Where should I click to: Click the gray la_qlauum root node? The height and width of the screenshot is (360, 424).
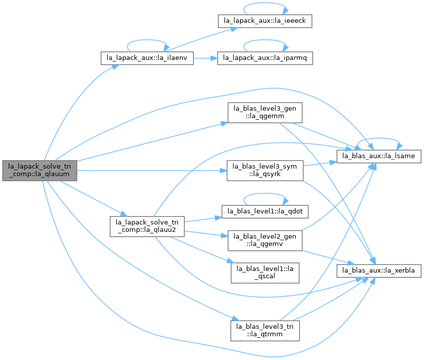coord(40,171)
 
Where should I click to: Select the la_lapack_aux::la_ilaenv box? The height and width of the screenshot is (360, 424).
coord(147,58)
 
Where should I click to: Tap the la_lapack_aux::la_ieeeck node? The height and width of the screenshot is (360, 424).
coord(265,21)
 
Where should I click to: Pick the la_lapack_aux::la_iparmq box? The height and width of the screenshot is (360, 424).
coord(265,58)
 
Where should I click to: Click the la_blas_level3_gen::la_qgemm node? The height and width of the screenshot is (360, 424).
coord(265,113)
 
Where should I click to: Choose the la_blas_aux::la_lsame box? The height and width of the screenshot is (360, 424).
coord(379,157)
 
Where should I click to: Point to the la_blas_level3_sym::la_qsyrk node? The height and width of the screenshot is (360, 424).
coord(265,171)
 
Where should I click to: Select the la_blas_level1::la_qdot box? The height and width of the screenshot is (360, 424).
coord(265,212)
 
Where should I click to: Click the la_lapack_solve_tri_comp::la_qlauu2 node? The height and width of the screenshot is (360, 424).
coord(147,226)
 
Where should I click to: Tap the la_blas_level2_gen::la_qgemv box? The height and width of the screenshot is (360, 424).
coord(265,240)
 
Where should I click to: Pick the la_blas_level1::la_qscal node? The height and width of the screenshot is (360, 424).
coord(265,273)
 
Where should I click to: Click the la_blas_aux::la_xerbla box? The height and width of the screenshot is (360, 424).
coord(379,271)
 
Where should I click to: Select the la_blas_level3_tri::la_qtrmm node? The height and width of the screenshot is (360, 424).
coord(265,331)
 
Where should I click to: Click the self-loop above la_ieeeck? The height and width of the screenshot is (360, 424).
coord(265,3)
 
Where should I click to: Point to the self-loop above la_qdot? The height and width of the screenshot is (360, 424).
coord(265,194)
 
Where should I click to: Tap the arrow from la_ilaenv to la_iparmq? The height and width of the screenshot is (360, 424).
coord(206,58)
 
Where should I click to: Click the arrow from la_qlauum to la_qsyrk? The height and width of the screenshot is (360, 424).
coord(152,171)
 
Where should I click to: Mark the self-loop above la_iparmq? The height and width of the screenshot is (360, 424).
coord(265,40)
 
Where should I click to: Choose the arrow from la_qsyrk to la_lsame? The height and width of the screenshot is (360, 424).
coord(320,164)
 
